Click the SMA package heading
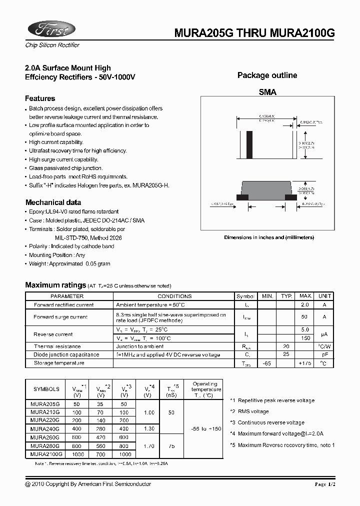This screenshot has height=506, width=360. click(267, 92)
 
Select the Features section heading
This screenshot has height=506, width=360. click(40, 98)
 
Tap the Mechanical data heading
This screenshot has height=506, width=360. click(53, 202)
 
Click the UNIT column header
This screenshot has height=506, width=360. click(324, 296)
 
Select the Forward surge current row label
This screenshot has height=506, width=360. click(60, 316)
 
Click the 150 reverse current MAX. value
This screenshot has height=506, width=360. click(304, 338)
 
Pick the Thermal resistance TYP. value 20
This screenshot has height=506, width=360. click(286, 346)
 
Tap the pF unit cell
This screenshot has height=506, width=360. click(324, 354)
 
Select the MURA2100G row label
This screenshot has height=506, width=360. click(46, 454)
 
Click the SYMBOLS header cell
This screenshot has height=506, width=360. click(46, 389)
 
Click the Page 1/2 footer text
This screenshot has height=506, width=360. click(327, 484)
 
